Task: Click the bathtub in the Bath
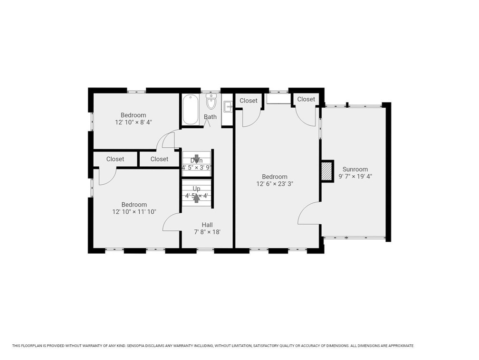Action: click(191, 110)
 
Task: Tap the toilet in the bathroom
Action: click(211, 102)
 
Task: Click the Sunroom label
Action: click(355, 169)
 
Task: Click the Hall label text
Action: click(207, 225)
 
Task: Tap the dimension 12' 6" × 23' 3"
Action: click(275, 184)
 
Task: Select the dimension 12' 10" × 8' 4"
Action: click(133, 122)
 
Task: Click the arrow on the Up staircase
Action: click(196, 198)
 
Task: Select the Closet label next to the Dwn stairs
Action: click(159, 159)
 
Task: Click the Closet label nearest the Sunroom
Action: click(306, 99)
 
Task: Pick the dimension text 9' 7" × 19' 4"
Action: click(355, 176)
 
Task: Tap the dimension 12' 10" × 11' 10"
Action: click(134, 212)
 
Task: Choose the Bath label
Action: click(210, 117)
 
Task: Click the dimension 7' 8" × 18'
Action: click(207, 232)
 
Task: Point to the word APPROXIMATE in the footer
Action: click(401, 346)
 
